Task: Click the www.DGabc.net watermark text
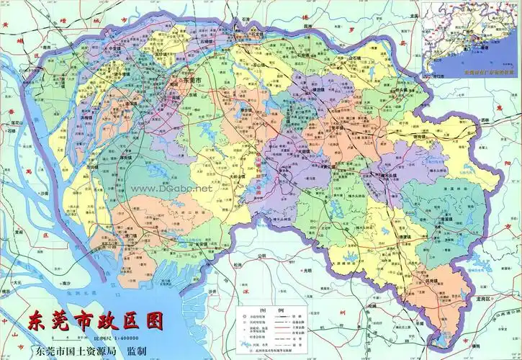(x=171, y=188)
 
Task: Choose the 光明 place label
(x=308, y=271)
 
